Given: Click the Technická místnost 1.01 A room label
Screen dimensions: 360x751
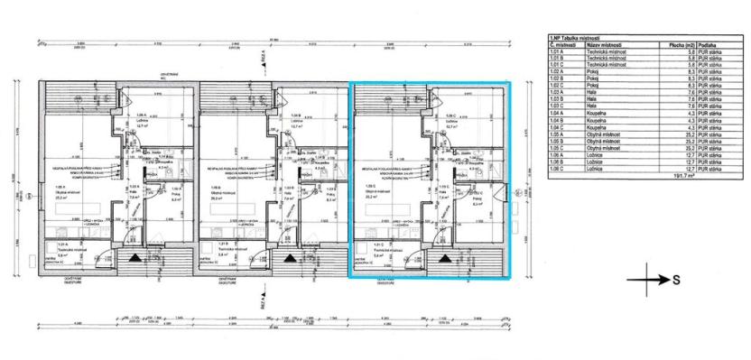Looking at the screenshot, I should [63, 252].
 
